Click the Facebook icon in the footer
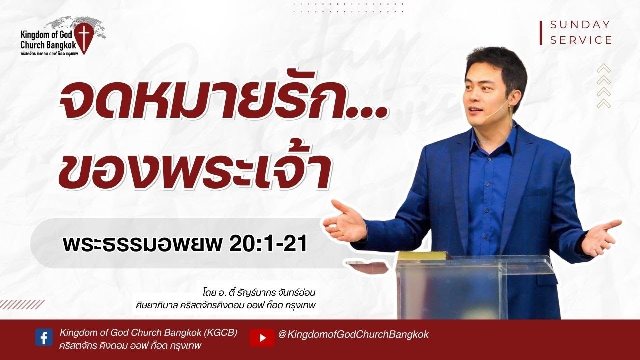click(44, 338)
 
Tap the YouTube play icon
click(262, 337)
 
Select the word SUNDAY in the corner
click(580, 25)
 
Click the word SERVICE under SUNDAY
click(581, 40)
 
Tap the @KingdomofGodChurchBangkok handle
click(353, 335)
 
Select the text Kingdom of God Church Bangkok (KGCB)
click(148, 332)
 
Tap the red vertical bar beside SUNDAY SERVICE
click(541, 33)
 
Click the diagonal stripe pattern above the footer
click(22, 305)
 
